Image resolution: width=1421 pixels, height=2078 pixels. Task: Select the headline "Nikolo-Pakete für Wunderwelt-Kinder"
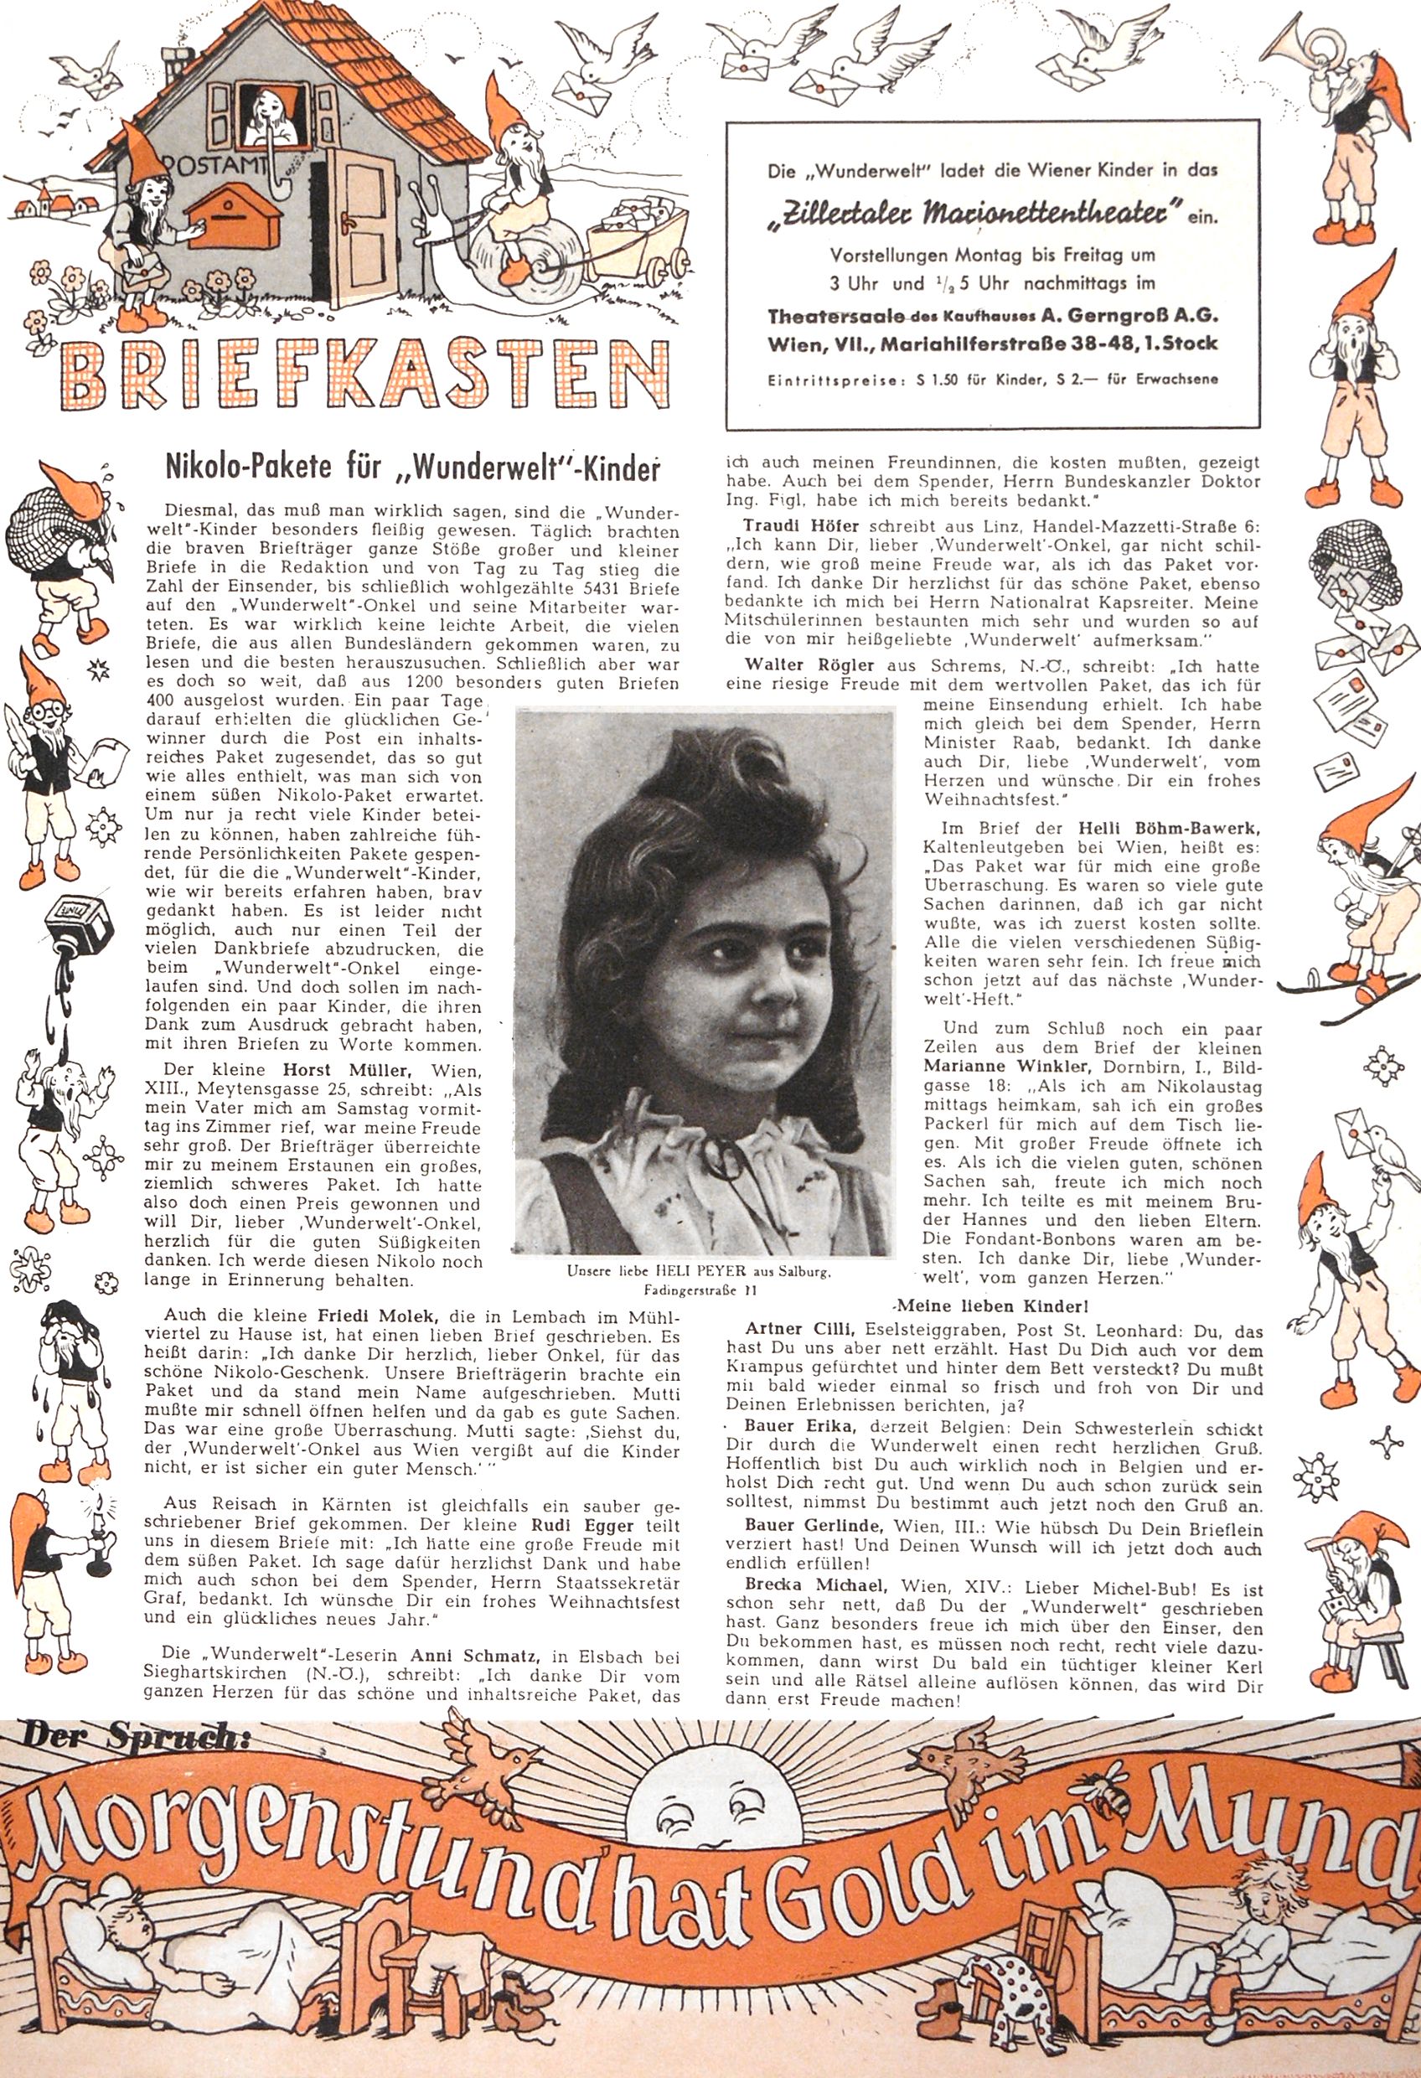(x=412, y=468)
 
